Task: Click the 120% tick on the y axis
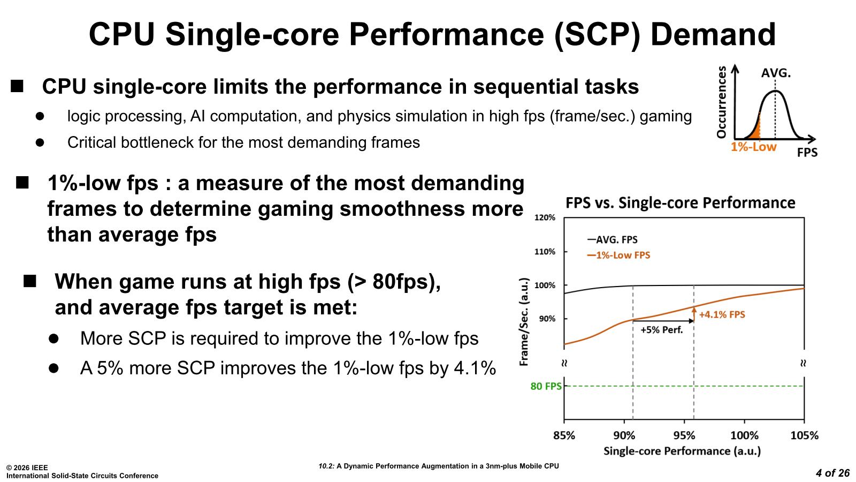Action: point(545,218)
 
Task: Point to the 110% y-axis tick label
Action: point(545,252)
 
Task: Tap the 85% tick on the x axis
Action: point(564,435)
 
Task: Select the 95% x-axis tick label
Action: point(684,435)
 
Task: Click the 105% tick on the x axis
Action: point(804,435)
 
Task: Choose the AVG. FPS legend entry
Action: point(613,240)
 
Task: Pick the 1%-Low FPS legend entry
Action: point(618,255)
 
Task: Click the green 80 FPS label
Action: point(546,386)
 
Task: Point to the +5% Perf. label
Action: point(662,330)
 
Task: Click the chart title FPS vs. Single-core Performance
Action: point(681,203)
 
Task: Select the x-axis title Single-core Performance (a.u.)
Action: point(682,451)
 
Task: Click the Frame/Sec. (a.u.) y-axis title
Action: point(524,322)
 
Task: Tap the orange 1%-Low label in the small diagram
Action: point(753,147)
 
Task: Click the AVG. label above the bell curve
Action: point(776,73)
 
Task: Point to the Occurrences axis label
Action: point(722,102)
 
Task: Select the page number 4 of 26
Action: point(832,473)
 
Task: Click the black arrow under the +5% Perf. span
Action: point(663,321)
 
